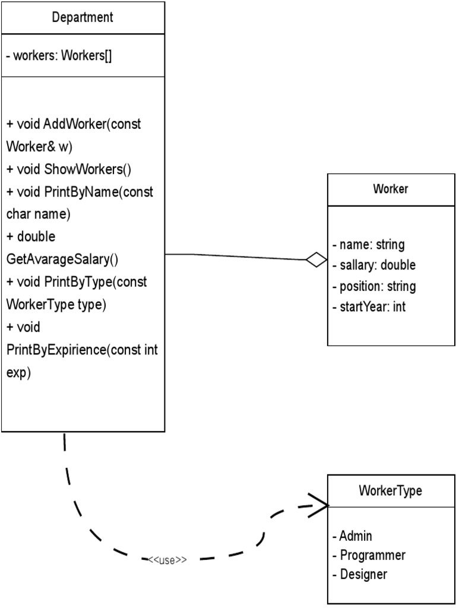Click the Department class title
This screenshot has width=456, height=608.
click(83, 17)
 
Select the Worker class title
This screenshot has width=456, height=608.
click(390, 189)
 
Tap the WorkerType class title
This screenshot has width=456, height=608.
click(390, 491)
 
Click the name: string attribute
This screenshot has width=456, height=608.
click(368, 245)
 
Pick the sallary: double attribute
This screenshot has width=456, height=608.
click(373, 265)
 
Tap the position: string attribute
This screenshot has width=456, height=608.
click(373, 286)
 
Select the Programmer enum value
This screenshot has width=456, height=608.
click(369, 555)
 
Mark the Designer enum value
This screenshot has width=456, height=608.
click(360, 574)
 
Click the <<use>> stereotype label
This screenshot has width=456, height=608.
click(167, 560)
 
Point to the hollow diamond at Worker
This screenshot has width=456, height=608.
click(316, 259)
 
